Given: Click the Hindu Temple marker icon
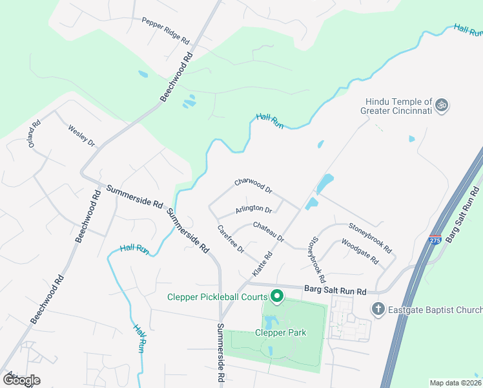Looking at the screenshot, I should [x=442, y=105].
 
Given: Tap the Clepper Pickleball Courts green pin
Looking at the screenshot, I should [x=278, y=297].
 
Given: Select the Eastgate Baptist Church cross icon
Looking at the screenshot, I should [x=378, y=310].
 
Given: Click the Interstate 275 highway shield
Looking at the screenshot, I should [x=435, y=240].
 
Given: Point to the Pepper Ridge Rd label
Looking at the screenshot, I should [x=165, y=30].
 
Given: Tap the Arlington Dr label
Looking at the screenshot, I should [x=254, y=209].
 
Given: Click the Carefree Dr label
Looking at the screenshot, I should [x=231, y=239].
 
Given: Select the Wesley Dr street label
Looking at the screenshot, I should [x=81, y=135].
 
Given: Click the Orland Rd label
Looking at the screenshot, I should [x=34, y=134].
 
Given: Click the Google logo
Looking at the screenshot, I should [x=21, y=380].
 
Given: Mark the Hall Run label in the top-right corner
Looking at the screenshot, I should [x=468, y=30].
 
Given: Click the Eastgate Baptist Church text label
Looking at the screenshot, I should [x=433, y=310].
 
